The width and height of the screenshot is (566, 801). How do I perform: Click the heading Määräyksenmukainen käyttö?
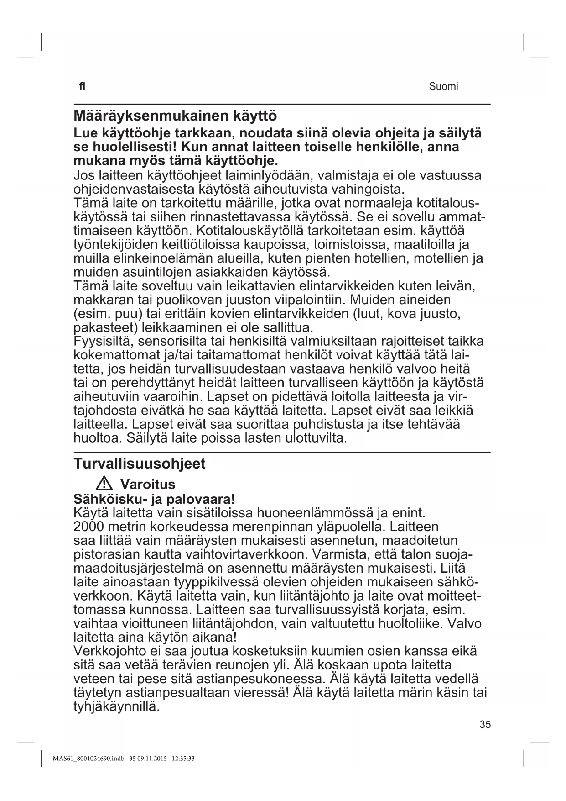point(175,115)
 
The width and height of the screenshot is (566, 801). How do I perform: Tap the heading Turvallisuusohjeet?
point(140,464)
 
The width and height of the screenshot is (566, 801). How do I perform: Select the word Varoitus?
point(147,484)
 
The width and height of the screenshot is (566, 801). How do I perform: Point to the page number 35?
point(485,724)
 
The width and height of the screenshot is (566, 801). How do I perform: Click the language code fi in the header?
point(82,86)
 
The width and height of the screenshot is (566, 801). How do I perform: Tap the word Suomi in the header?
point(443,87)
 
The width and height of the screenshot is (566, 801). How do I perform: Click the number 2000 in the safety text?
point(88,527)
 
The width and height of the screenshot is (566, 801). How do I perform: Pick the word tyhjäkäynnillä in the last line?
point(116,706)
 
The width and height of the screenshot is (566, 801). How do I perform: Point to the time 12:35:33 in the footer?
point(183,759)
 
